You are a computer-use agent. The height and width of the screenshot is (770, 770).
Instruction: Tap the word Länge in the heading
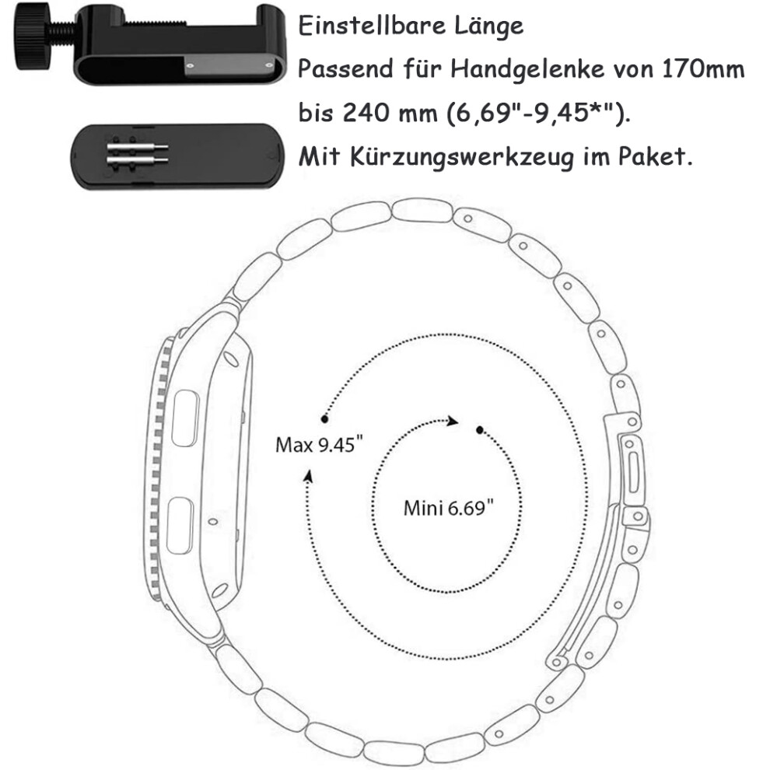coord(488,26)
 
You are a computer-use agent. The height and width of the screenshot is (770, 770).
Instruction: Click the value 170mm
coord(703,68)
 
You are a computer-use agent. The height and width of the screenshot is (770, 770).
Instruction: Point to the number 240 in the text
coord(366,113)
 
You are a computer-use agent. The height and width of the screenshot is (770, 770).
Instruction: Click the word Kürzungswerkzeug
coord(461,157)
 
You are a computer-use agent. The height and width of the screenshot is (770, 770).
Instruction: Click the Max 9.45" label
coord(319,445)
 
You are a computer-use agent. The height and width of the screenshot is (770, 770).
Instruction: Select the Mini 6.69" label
coord(448,508)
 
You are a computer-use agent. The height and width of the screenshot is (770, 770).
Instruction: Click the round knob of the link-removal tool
coord(30,37)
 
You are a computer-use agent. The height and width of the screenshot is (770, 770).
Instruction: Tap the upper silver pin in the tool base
coord(138,147)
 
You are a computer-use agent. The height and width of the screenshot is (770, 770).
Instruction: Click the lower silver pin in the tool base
coord(138,160)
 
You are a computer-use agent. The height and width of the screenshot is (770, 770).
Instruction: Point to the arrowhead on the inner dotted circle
coord(452,421)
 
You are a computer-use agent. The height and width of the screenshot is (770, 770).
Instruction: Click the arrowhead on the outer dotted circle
coord(309,476)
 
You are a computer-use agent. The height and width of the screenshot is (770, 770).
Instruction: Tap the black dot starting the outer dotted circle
coord(324,419)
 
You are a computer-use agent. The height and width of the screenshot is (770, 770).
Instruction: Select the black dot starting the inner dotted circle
coord(480,430)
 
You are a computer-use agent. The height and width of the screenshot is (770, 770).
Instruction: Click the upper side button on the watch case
coord(186,418)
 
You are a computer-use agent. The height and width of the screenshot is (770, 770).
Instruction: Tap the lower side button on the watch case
coord(180,526)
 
